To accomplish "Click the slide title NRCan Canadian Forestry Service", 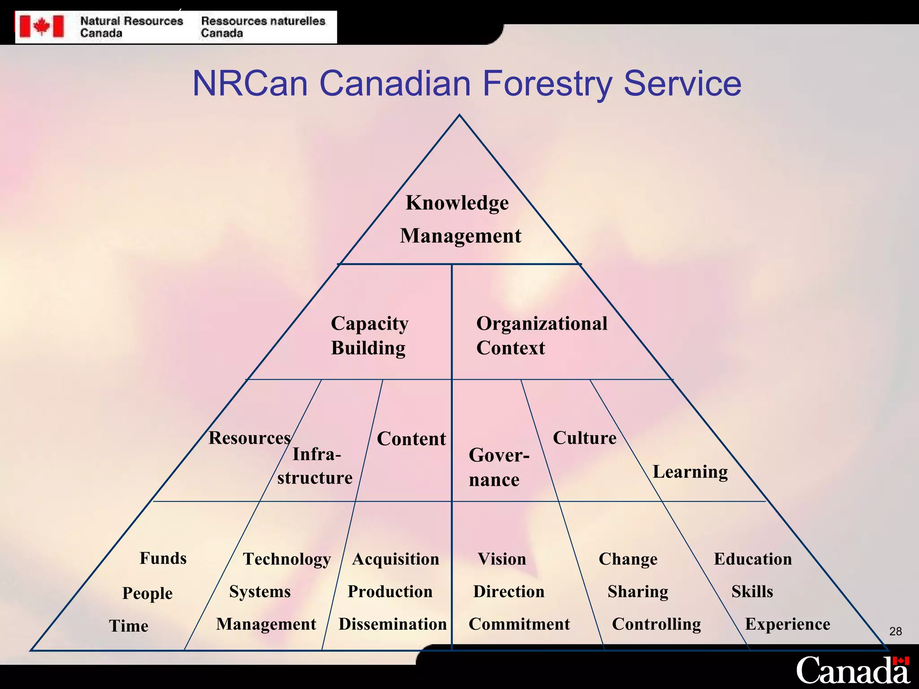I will pyautogui.click(x=467, y=83).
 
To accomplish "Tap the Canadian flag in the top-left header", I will pyautogui.click(x=42, y=26).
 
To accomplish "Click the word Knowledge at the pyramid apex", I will pyautogui.click(x=457, y=203).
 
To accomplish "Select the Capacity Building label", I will pyautogui.click(x=369, y=336).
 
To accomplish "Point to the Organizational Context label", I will pyautogui.click(x=542, y=336).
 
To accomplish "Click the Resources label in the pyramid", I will pyautogui.click(x=249, y=438).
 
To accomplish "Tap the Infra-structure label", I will pyautogui.click(x=315, y=466).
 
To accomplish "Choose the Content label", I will pyautogui.click(x=411, y=439).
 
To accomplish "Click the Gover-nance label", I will pyautogui.click(x=499, y=467).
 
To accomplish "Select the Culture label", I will pyautogui.click(x=585, y=438).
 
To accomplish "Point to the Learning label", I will pyautogui.click(x=690, y=472).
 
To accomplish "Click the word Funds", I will pyautogui.click(x=163, y=558).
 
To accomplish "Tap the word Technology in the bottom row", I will pyautogui.click(x=287, y=559).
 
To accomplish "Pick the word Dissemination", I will pyautogui.click(x=393, y=624).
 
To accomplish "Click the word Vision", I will pyautogui.click(x=502, y=559).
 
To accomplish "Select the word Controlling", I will pyautogui.click(x=656, y=624).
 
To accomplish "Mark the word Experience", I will pyautogui.click(x=788, y=624).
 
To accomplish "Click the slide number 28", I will pyautogui.click(x=895, y=632).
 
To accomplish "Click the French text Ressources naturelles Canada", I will pyautogui.click(x=263, y=27).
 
